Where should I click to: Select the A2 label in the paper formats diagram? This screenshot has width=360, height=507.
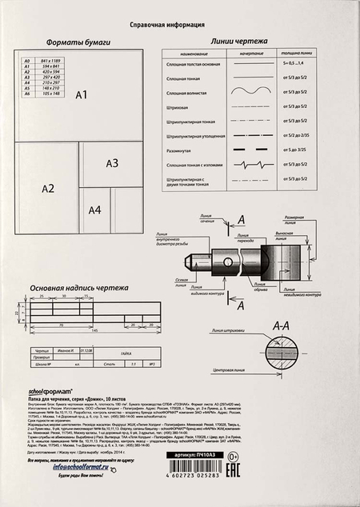click(48, 189)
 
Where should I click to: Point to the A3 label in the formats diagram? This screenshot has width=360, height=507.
click(112, 163)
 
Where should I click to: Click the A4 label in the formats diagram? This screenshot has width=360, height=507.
click(95, 210)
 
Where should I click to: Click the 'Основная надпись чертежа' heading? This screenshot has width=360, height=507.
click(78, 286)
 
